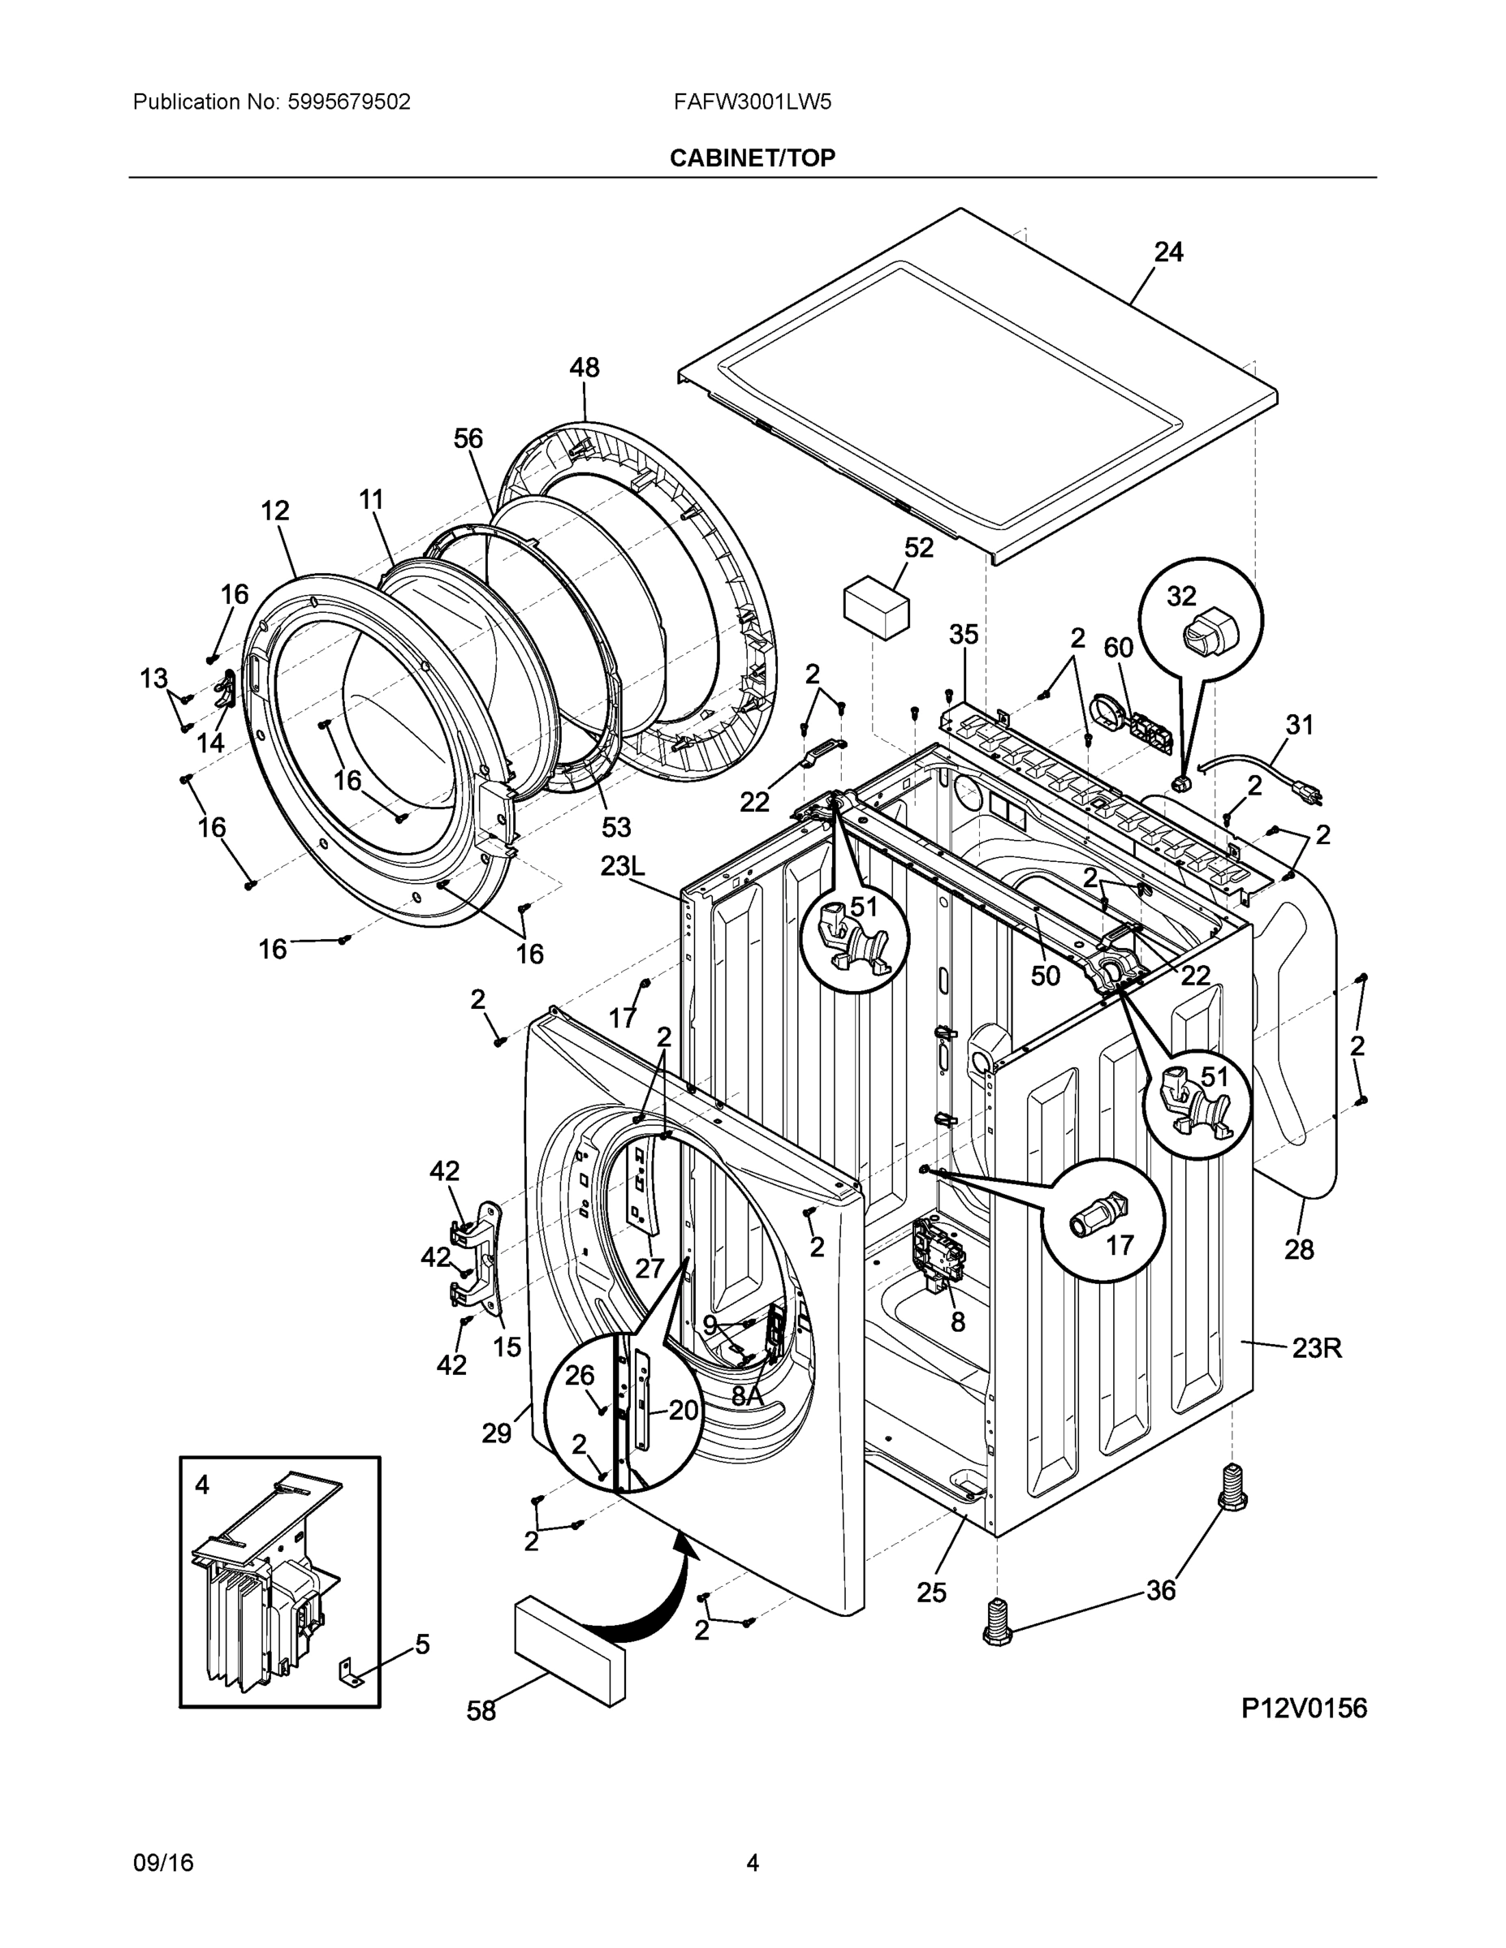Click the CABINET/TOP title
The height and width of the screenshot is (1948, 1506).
point(752,158)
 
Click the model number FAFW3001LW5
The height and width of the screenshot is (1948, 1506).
point(752,101)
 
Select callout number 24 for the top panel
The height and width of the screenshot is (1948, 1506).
point(1168,252)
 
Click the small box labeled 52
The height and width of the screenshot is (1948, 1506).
point(876,607)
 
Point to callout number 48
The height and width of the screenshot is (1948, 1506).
point(585,368)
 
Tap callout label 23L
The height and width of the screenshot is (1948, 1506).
point(622,865)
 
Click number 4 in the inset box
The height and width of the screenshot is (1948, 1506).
point(202,1485)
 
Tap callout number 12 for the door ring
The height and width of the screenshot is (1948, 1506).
point(274,511)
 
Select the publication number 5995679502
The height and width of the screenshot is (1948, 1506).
point(349,101)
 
